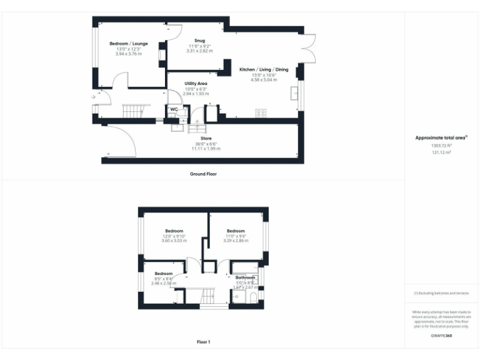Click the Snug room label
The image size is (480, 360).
(199, 41)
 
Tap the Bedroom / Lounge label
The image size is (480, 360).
(129, 44)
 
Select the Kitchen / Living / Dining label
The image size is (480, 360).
(264, 69)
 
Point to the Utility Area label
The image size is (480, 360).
(196, 83)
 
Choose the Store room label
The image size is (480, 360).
(206, 138)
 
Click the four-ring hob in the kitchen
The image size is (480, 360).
(261, 113)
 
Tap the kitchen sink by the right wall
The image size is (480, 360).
(293, 94)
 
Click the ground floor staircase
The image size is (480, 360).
(132, 111)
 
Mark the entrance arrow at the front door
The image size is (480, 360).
(94, 97)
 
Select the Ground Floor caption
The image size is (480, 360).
(203, 174)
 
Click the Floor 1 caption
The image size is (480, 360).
(203, 342)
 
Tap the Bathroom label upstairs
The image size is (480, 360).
(245, 277)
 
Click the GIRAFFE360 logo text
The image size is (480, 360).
(441, 336)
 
